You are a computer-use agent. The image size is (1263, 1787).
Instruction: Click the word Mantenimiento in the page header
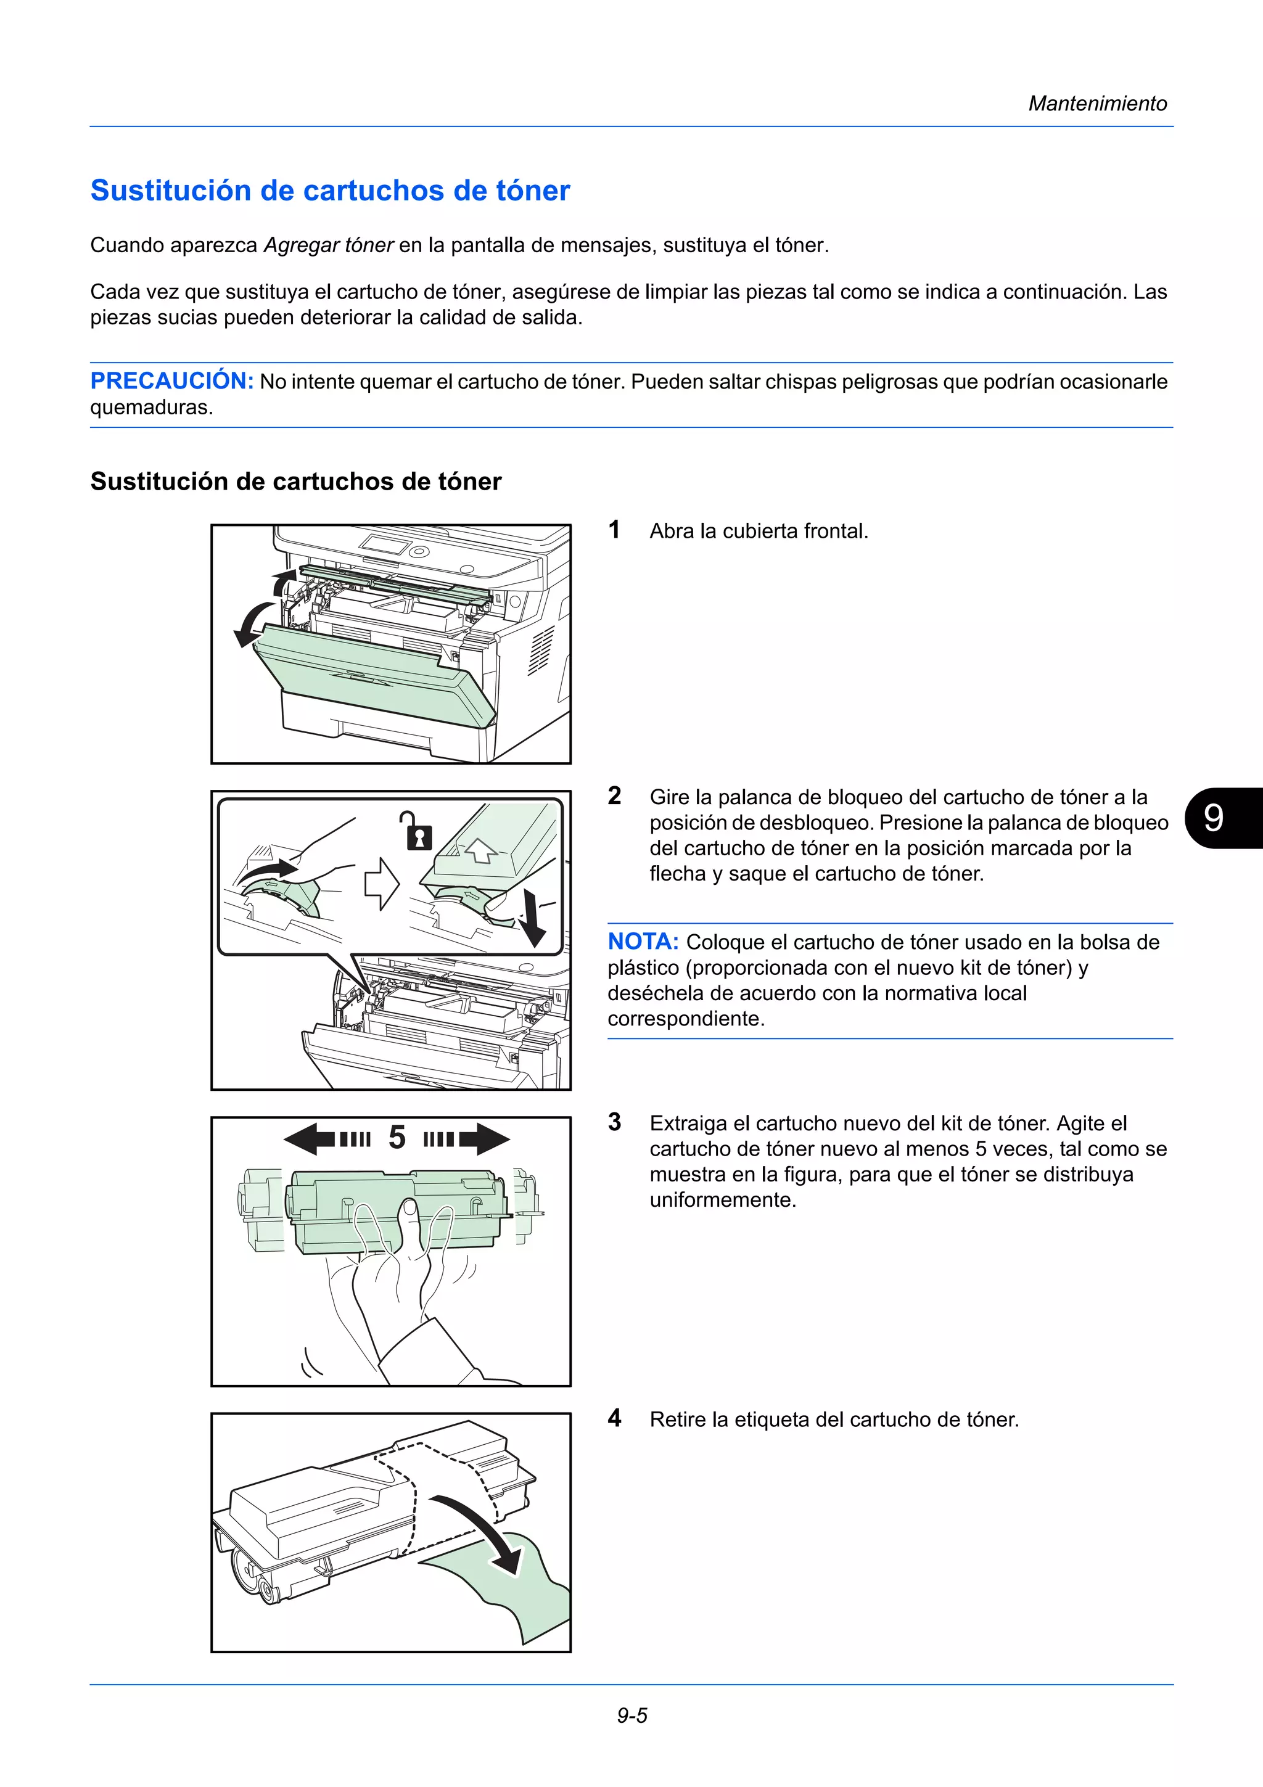click(1097, 104)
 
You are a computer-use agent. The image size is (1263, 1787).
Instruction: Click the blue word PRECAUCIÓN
click(172, 380)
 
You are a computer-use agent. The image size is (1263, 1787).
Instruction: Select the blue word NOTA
click(643, 942)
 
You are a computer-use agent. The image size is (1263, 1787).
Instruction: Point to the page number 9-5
click(632, 1715)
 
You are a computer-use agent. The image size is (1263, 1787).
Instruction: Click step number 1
click(615, 530)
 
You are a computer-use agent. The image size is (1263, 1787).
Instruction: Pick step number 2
click(615, 795)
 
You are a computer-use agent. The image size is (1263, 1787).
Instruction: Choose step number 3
click(615, 1122)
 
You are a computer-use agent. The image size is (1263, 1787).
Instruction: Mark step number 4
click(615, 1418)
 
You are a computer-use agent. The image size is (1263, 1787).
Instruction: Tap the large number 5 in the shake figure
click(397, 1138)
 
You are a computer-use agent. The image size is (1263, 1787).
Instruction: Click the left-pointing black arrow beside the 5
click(311, 1139)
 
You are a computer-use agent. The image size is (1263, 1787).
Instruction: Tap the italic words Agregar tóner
click(329, 245)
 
